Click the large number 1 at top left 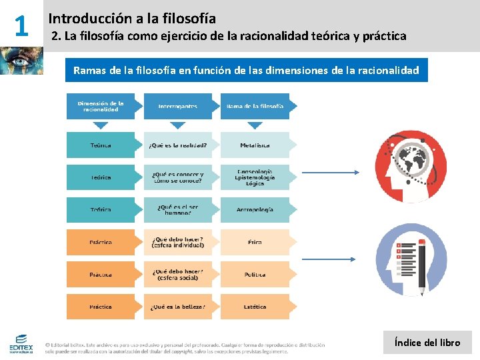pos(21,25)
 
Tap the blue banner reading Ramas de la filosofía pos(246,70)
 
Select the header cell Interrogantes pos(177,107)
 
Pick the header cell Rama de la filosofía pos(255,107)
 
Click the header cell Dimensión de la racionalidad pos(101,107)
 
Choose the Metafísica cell pos(255,145)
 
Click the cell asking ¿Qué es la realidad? pos(177,145)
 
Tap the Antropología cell pos(255,209)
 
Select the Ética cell pos(255,242)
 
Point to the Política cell pos(255,275)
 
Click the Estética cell pos(255,307)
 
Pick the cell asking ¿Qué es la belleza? pos(177,307)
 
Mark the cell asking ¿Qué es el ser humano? pos(177,209)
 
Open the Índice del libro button pos(427,343)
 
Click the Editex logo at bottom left pos(21,343)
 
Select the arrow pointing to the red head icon pos(330,173)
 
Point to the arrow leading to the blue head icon pos(330,259)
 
